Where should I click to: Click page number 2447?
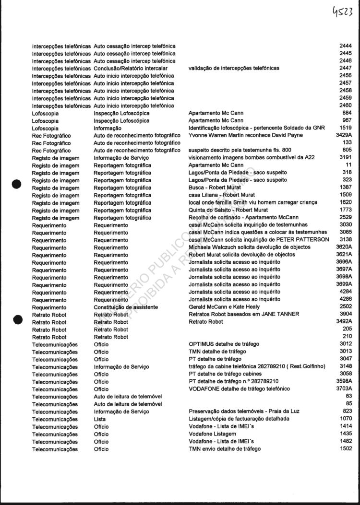point(346,68)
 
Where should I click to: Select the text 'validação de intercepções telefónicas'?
point(234,68)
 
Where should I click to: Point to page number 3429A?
point(344,135)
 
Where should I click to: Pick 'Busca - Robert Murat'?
point(214,188)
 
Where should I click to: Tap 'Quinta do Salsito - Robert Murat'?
point(228,210)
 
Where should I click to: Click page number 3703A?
point(344,389)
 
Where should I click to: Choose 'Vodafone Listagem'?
point(212,434)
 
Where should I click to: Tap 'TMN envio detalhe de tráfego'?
point(225,449)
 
